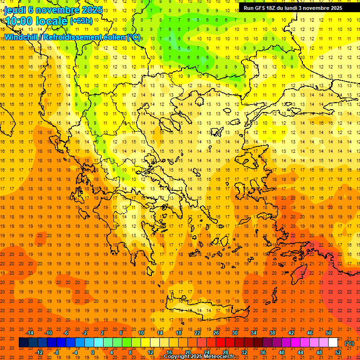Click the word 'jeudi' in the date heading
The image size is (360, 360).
(x=15, y=10)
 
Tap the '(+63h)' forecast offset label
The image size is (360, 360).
(x=81, y=21)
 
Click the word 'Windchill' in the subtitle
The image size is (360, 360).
(x=22, y=37)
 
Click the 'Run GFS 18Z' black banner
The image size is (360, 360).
(x=292, y=8)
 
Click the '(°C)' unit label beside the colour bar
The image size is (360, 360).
(x=349, y=343)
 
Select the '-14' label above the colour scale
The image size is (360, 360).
(x=31, y=333)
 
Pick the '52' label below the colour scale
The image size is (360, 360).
(x=338, y=352)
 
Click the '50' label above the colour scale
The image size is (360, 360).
(x=329, y=333)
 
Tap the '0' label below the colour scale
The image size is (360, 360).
(x=92, y=352)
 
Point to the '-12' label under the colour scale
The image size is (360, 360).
(x=39, y=352)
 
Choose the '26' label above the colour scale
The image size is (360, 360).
(x=216, y=333)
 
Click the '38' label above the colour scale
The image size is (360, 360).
(x=272, y=333)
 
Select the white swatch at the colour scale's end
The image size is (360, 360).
(x=333, y=343)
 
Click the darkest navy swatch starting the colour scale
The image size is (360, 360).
(x=23, y=343)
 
